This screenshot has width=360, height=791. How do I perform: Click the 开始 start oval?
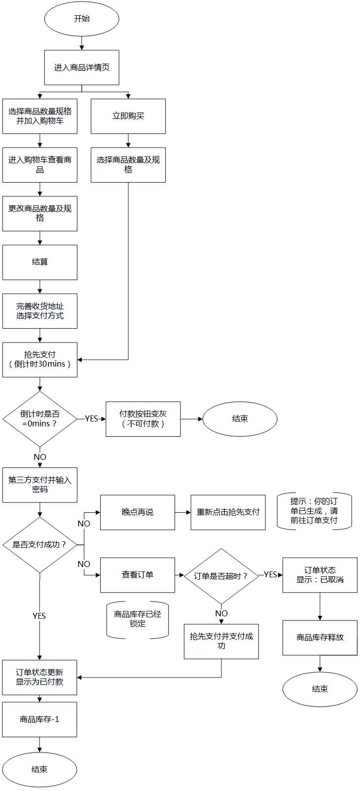click(82, 19)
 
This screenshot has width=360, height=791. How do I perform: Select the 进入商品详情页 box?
click(82, 68)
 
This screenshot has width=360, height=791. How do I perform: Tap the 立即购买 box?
click(128, 116)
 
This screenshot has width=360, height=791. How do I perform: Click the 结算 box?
click(40, 262)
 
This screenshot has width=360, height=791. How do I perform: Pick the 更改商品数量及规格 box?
click(40, 213)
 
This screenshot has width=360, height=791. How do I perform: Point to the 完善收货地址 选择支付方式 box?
click(40, 311)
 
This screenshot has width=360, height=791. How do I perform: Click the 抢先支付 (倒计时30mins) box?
click(40, 360)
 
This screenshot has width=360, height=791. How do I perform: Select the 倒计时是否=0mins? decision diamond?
click(40, 419)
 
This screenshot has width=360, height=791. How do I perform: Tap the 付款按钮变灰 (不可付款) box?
click(143, 419)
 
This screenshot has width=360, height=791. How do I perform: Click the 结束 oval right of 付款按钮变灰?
click(240, 419)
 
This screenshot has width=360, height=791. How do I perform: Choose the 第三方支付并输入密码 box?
click(40, 485)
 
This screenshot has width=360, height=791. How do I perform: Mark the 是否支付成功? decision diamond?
click(40, 545)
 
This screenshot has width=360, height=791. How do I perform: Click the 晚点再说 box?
click(138, 512)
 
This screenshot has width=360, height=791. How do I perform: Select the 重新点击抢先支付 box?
click(228, 512)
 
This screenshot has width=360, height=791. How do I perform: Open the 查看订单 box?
click(138, 575)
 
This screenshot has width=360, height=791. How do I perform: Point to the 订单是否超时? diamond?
click(221, 576)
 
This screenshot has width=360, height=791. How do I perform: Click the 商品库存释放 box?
click(320, 638)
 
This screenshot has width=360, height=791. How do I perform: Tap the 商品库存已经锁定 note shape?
click(138, 619)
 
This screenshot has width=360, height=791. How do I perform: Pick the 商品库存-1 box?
click(39, 719)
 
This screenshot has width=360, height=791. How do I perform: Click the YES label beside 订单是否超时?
click(270, 574)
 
